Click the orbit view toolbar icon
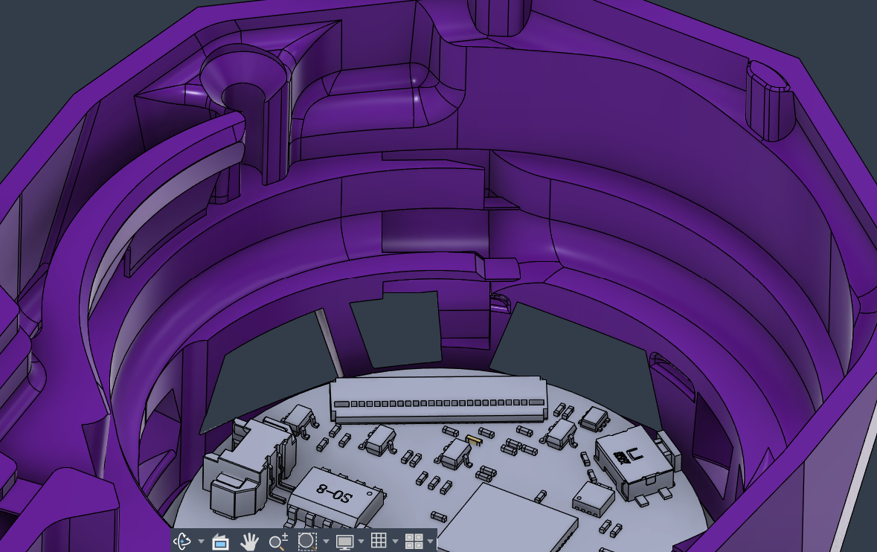tap(182, 542)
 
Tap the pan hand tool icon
tap(249, 542)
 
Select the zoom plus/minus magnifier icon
tap(278, 542)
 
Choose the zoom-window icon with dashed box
tap(307, 542)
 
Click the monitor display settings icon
tap(344, 542)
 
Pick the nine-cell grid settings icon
tap(379, 541)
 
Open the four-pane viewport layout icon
tap(414, 542)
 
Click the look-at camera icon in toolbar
tap(220, 542)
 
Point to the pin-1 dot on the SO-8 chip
tap(369, 495)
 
